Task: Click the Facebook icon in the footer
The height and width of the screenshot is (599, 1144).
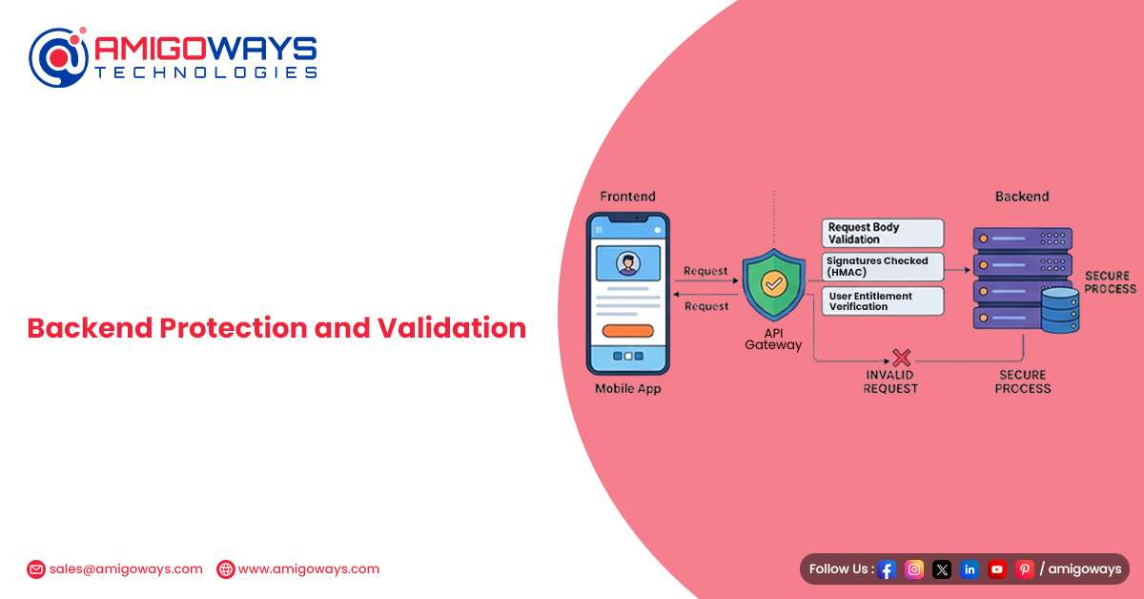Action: pyautogui.click(x=887, y=569)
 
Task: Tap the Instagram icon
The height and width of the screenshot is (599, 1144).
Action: pyautogui.click(x=914, y=569)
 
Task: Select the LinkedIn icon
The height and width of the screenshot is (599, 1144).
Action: pyautogui.click(x=970, y=569)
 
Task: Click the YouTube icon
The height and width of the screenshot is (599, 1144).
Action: pyautogui.click(x=997, y=569)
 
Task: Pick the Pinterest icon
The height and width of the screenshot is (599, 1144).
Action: pyautogui.click(x=1025, y=569)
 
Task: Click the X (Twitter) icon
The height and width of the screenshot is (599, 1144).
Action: pyautogui.click(x=942, y=569)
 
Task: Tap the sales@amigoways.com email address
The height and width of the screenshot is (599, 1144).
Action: pyautogui.click(x=126, y=569)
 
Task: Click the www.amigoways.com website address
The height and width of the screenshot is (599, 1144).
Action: pyautogui.click(x=309, y=569)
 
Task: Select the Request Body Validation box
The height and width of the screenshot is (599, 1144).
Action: pyautogui.click(x=883, y=233)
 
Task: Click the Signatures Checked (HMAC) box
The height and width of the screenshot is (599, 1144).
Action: pyautogui.click(x=883, y=266)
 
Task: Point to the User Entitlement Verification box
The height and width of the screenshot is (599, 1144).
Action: pyautogui.click(x=883, y=301)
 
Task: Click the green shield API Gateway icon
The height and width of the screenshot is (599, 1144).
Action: pyautogui.click(x=774, y=284)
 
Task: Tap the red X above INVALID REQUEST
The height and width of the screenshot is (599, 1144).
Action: pyautogui.click(x=902, y=358)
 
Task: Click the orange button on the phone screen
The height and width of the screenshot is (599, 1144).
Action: pyautogui.click(x=628, y=331)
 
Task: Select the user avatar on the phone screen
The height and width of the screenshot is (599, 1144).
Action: pyautogui.click(x=628, y=263)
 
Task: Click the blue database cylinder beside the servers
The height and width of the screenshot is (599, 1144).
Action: pyautogui.click(x=1060, y=310)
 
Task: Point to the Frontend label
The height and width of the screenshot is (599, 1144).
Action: pyautogui.click(x=627, y=196)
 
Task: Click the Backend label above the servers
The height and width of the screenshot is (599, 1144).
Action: pyautogui.click(x=1022, y=196)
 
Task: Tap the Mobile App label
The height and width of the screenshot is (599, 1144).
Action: pyautogui.click(x=628, y=388)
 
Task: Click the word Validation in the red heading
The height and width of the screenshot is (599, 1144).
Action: pyautogui.click(x=452, y=327)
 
